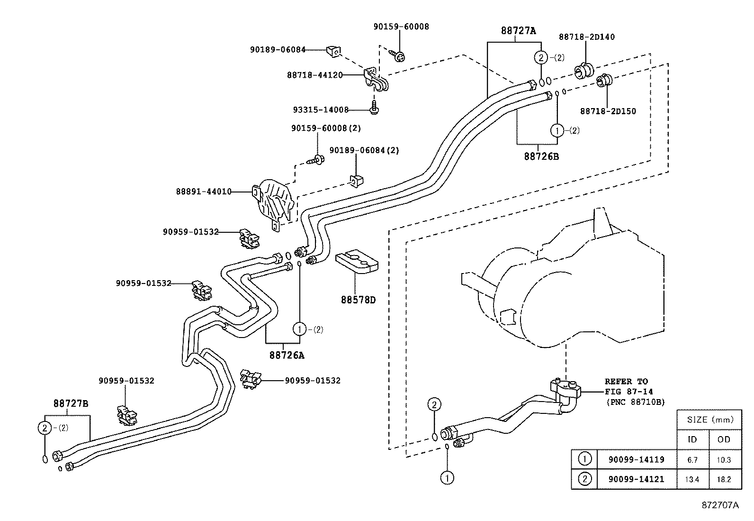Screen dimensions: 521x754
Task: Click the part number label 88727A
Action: tap(519, 31)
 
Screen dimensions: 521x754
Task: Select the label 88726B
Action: tap(541, 156)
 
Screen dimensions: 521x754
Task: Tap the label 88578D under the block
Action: tap(358, 300)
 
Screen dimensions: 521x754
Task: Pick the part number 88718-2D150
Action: tap(608, 111)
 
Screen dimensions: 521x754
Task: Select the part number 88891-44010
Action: tap(204, 192)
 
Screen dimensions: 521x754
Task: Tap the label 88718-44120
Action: tap(314, 75)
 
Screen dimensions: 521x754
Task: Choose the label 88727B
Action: tap(71, 403)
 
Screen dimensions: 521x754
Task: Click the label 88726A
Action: tap(287, 355)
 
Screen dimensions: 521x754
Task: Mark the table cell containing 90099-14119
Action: tap(636, 459)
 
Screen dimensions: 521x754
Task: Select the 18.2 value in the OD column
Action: tap(724, 479)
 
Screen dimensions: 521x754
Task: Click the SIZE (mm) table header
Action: tap(709, 420)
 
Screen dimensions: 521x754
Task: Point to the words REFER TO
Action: tap(626, 381)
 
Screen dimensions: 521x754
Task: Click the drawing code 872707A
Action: tap(720, 505)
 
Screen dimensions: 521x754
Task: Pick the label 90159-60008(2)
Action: tap(326, 128)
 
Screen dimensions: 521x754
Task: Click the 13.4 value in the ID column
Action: tap(692, 479)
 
